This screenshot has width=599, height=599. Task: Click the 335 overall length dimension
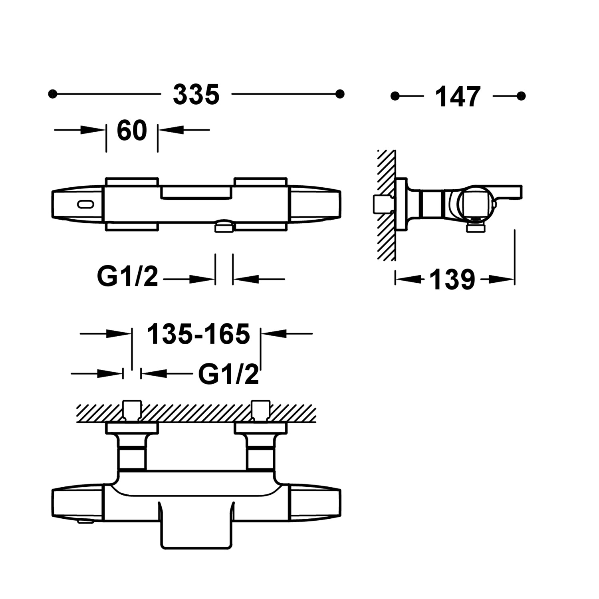[196, 95]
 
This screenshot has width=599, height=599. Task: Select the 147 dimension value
[458, 97]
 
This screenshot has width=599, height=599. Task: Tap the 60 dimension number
[132, 130]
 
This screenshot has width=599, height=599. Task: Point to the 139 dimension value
[452, 280]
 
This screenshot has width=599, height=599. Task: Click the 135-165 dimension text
[198, 334]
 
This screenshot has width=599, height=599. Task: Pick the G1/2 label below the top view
[128, 276]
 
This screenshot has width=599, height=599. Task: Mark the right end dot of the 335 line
[340, 94]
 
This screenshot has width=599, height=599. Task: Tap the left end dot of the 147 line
[395, 96]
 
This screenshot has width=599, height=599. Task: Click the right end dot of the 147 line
[521, 96]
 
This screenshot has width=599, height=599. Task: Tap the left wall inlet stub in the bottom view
[132, 411]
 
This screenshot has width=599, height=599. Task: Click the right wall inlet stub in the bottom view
[261, 411]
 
